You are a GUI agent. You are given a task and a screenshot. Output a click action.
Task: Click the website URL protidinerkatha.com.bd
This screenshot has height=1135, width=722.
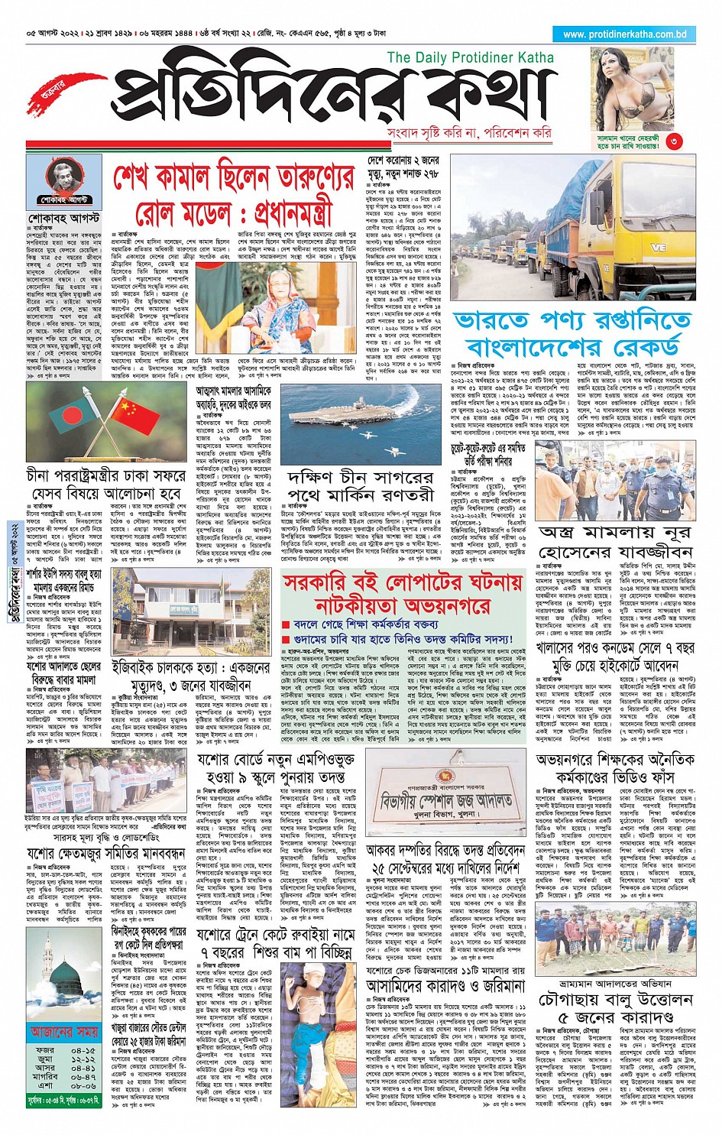(624, 34)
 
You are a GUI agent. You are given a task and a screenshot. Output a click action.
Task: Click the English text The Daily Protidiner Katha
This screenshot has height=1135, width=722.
(470, 57)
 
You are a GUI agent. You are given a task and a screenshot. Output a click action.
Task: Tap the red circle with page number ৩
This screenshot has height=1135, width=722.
(672, 141)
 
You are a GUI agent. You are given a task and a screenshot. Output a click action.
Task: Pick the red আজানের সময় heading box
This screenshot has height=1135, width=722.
(62, 1032)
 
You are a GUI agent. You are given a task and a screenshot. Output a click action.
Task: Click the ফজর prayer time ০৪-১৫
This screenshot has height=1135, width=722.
(83, 1051)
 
